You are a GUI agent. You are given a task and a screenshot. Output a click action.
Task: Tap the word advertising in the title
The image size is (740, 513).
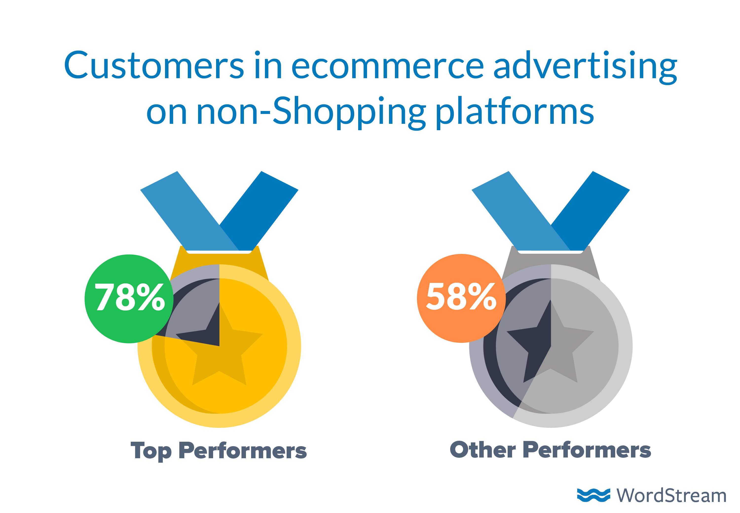pyautogui.click(x=585, y=68)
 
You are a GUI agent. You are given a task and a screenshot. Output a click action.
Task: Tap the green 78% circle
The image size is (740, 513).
pyautogui.click(x=129, y=299)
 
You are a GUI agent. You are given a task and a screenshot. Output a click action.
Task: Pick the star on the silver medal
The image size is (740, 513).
pyautogui.click(x=550, y=341)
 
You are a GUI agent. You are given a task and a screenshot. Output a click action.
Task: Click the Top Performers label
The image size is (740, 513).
pyautogui.click(x=219, y=451)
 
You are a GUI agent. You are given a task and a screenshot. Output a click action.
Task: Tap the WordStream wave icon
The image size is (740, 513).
pyautogui.click(x=593, y=495)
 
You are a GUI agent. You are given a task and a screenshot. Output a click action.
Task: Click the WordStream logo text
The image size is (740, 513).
pyautogui.click(x=671, y=495)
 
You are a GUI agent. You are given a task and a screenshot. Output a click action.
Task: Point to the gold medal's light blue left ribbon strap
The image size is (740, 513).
pyautogui.click(x=190, y=211)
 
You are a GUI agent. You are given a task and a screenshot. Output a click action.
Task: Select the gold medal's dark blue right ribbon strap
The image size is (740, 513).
pyautogui.click(x=259, y=211)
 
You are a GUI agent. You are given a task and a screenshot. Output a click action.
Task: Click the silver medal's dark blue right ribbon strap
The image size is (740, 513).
pyautogui.click(x=591, y=211)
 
